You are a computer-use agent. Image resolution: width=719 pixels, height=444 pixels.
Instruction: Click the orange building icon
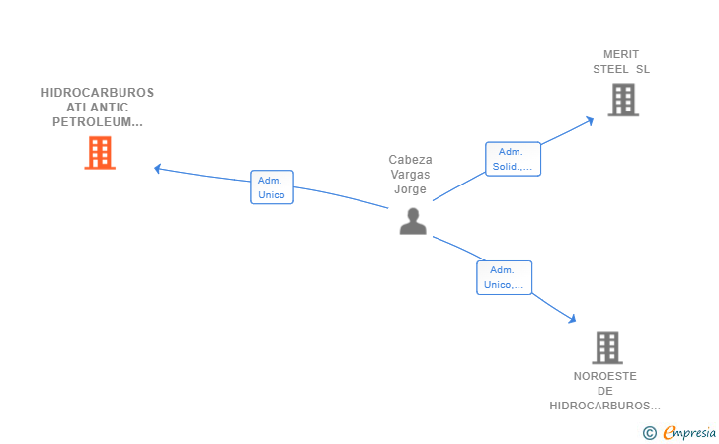click(100, 153)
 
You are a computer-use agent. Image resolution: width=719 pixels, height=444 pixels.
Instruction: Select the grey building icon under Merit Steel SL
click(623, 100)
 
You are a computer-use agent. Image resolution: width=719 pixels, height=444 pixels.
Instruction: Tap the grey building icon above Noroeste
click(607, 347)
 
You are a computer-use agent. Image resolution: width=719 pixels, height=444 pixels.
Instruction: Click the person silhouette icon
click(413, 221)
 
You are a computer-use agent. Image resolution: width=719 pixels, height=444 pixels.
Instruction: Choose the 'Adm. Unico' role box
click(272, 186)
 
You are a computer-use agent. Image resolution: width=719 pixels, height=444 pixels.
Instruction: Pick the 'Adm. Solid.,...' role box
click(514, 159)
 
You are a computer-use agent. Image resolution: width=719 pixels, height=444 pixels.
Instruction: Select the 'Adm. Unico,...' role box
click(504, 277)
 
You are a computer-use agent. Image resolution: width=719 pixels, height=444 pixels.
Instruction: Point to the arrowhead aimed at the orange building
click(157, 169)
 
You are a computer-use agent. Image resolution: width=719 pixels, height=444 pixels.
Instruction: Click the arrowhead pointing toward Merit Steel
click(590, 121)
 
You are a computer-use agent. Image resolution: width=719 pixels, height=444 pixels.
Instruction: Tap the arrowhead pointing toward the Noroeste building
click(572, 319)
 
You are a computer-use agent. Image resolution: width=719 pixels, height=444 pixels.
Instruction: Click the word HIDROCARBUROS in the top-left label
click(98, 93)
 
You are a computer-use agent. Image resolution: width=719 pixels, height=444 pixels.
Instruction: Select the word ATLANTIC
click(97, 108)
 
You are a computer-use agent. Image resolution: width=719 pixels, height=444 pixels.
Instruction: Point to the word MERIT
click(621, 54)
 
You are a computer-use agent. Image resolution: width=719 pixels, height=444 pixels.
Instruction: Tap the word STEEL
click(610, 69)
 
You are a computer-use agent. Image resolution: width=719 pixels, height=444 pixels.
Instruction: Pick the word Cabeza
click(411, 160)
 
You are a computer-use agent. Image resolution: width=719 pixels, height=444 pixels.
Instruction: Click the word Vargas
click(411, 175)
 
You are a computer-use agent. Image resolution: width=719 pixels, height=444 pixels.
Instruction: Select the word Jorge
click(411, 189)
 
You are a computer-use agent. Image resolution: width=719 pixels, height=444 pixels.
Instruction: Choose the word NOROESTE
click(605, 376)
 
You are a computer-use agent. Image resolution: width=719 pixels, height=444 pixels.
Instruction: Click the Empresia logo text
click(689, 432)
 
